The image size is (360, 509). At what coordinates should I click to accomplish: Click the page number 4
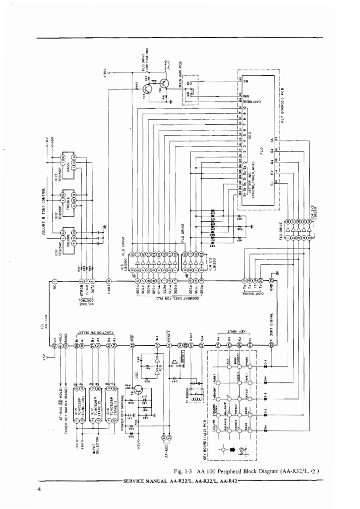pyautogui.click(x=40, y=489)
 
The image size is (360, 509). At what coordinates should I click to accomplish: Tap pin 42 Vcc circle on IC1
pyautogui.click(x=54, y=345)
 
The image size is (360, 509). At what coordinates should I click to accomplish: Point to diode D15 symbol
pyautogui.click(x=264, y=361)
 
